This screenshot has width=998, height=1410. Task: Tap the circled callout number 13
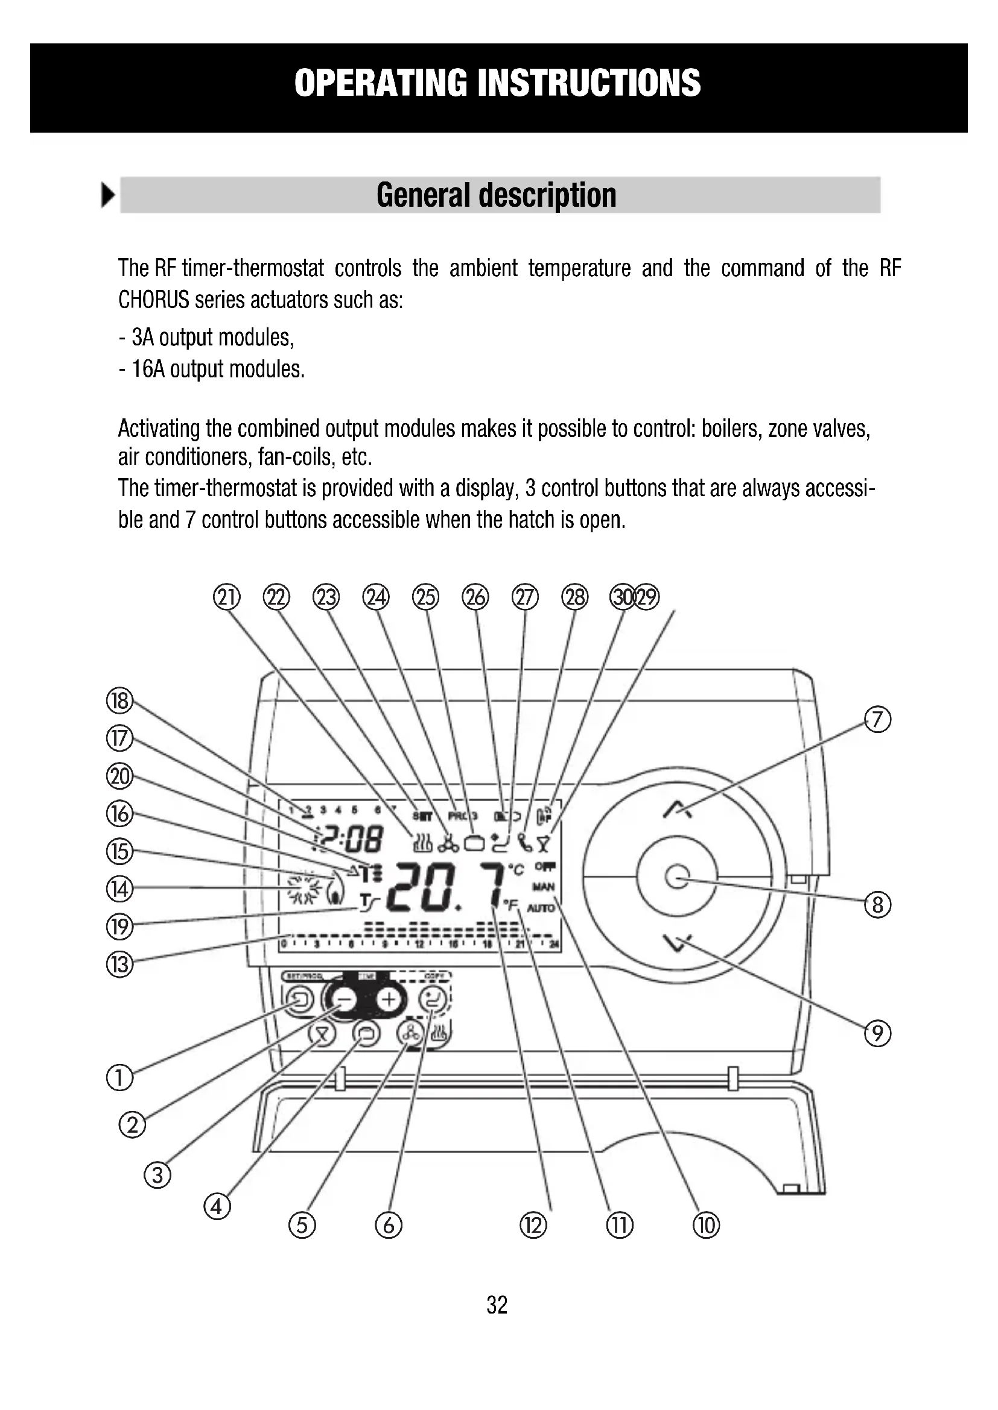(120, 964)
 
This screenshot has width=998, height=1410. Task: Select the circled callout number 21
(226, 597)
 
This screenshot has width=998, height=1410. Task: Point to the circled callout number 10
(706, 1225)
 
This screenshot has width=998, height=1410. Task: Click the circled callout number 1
(119, 1078)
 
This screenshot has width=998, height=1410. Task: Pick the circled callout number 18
(119, 700)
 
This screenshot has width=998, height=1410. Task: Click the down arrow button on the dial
(677, 942)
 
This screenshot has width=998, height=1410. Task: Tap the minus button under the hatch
(345, 1001)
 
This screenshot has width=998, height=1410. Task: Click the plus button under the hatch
(389, 1001)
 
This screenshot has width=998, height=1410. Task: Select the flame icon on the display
(335, 890)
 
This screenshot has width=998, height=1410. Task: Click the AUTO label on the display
(541, 908)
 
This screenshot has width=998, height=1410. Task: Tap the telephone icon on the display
(524, 843)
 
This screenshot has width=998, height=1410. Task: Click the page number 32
(497, 1305)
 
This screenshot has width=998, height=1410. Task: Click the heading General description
(497, 195)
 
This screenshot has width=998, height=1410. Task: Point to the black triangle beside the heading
(108, 195)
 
